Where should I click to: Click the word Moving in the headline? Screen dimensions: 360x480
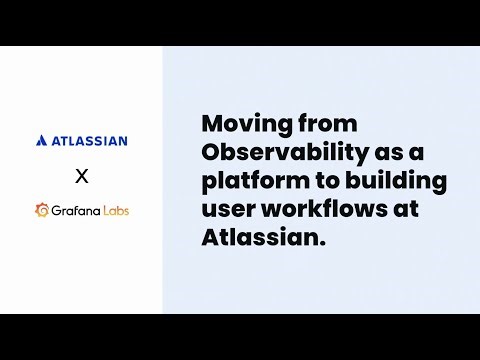pyautogui.click(x=239, y=124)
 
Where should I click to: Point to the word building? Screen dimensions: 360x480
pyautogui.click(x=400, y=183)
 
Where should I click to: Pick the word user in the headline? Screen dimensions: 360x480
pyautogui.click(x=225, y=212)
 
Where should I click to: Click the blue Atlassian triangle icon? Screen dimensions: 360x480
pyautogui.click(x=41, y=141)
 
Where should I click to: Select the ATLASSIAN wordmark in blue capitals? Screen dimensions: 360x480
pyautogui.click(x=89, y=141)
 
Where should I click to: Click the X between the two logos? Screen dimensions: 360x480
pyautogui.click(x=82, y=177)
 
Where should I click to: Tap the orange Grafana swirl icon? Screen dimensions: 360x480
pyautogui.click(x=43, y=210)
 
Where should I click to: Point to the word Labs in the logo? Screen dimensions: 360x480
pyautogui.click(x=116, y=211)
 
